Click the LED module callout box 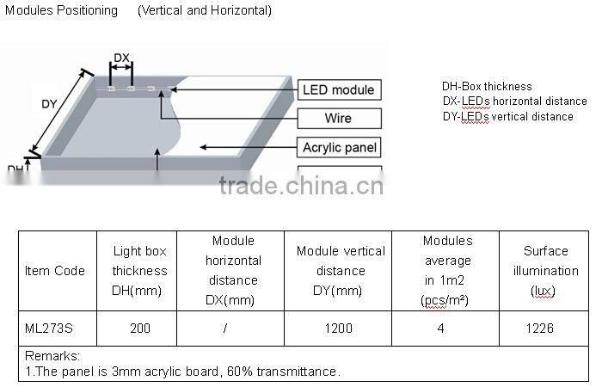pyautogui.click(x=338, y=90)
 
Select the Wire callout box pyautogui.click(x=338, y=118)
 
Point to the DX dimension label pyautogui.click(x=121, y=58)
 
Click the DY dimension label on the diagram pyautogui.click(x=49, y=104)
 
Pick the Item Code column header pyautogui.click(x=55, y=271)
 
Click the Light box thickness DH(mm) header pyautogui.click(x=139, y=271)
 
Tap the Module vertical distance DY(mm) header pyautogui.click(x=341, y=271)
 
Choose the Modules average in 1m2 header pyautogui.click(x=447, y=270)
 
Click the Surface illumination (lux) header pyautogui.click(x=545, y=271)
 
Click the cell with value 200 pyautogui.click(x=139, y=328)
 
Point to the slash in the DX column pyautogui.click(x=224, y=328)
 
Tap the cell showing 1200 pyautogui.click(x=341, y=328)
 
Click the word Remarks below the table pyautogui.click(x=52, y=356)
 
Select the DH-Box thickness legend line pyautogui.click(x=487, y=86)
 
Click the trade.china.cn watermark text pyautogui.click(x=300, y=187)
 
